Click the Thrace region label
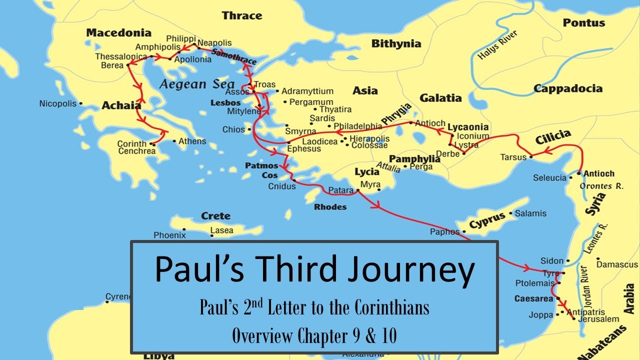coord(242,15)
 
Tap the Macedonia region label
coord(118,33)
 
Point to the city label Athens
coord(192,141)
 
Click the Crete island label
coord(215,216)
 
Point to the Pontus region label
coord(583,23)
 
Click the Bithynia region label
coord(396,44)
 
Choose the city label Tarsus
coord(513,157)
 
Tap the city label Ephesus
coord(304,149)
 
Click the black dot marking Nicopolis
coord(81,104)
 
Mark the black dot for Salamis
coord(510,213)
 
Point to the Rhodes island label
coord(330,207)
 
